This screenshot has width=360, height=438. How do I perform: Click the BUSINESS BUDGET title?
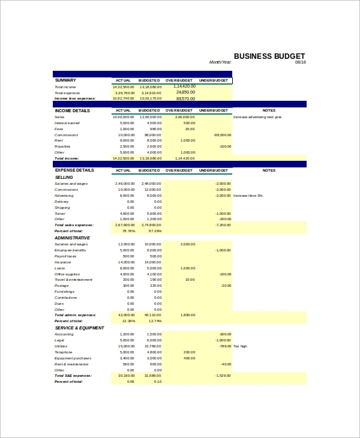coord(269,56)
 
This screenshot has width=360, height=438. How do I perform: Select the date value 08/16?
coord(301,62)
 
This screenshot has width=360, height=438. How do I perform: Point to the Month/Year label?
coord(220,62)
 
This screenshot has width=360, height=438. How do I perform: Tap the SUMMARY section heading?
coord(65,80)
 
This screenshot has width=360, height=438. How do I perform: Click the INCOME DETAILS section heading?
coord(72,110)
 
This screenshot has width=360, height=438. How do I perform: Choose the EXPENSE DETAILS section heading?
coord(74,170)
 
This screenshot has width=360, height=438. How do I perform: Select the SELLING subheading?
coord(64,177)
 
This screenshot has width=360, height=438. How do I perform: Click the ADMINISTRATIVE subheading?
coord(72,238)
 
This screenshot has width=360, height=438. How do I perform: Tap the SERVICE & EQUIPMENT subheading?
coord(79,328)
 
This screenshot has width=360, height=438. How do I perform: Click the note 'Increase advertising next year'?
coord(257,117)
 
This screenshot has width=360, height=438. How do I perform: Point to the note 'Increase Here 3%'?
coord(248,196)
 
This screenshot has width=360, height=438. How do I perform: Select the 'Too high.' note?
coord(240,346)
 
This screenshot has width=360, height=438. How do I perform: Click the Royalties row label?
coord(62,146)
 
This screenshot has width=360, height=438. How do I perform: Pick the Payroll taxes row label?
coord(65,256)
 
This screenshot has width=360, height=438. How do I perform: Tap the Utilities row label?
coord(61,346)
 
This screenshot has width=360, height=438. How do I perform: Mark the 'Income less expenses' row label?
coord(74,98)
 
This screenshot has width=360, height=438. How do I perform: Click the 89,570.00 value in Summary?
coord(185,98)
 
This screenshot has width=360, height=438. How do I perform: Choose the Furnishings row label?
coord(65,292)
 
